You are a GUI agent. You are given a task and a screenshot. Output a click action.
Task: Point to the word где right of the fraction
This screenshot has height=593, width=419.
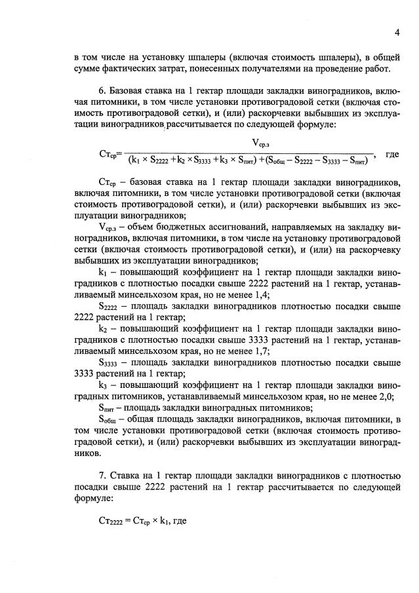click(x=393, y=155)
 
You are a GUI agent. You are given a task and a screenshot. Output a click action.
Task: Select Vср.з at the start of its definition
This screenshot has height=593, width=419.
click(x=109, y=227)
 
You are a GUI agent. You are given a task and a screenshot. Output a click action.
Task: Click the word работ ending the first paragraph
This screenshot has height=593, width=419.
click(x=378, y=68)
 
